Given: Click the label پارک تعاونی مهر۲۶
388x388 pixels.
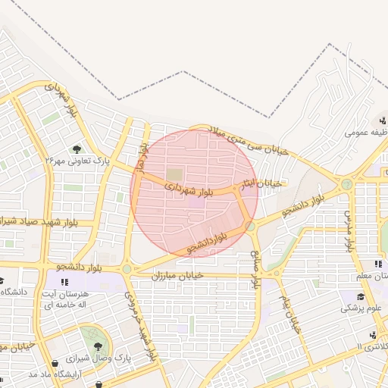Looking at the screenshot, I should [x=75, y=161].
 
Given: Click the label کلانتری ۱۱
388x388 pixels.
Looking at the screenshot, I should [x=370, y=346].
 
